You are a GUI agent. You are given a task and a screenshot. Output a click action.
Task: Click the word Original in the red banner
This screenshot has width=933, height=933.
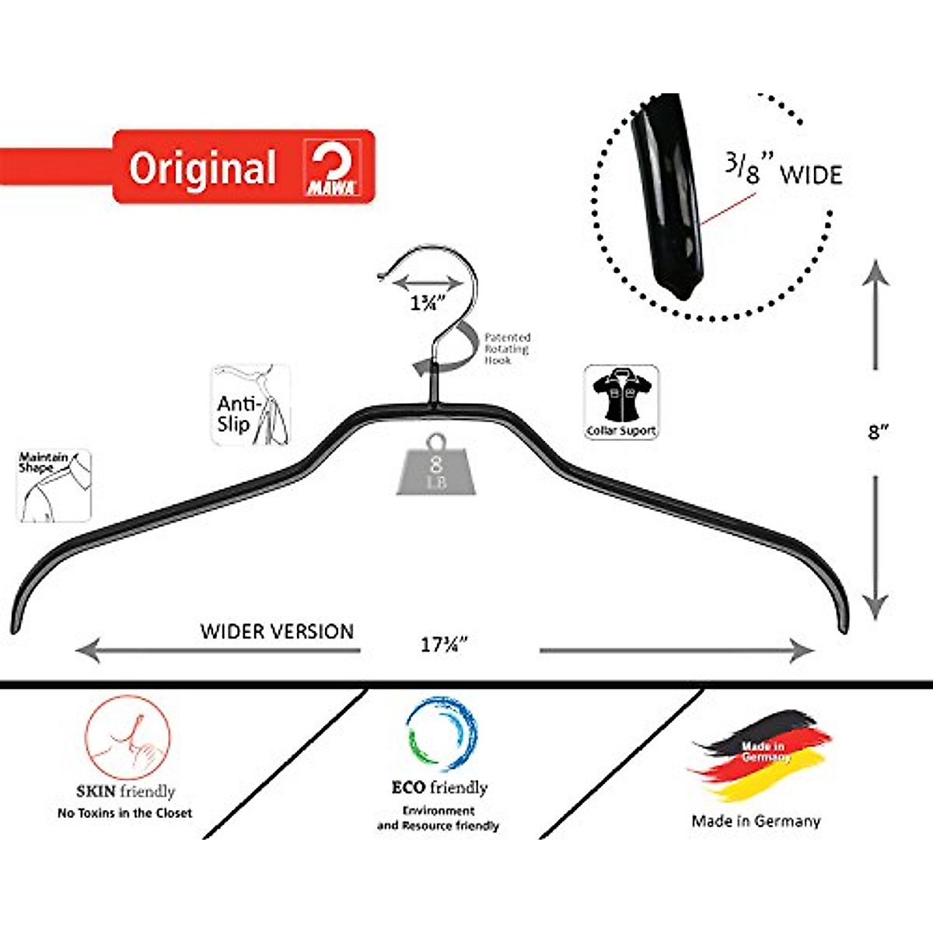click(202, 168)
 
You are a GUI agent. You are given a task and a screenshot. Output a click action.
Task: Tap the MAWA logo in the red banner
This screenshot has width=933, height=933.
click(331, 167)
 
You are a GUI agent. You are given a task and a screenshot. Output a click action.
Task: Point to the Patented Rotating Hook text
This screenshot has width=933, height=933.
click(507, 348)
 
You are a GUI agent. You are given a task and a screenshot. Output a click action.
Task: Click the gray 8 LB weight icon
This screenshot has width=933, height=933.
click(435, 464)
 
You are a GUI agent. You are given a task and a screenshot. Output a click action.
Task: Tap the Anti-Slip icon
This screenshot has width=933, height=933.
click(250, 406)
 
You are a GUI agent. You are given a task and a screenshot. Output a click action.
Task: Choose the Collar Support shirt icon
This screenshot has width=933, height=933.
click(621, 402)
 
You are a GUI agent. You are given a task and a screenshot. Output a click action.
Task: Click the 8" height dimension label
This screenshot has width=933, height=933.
click(878, 431)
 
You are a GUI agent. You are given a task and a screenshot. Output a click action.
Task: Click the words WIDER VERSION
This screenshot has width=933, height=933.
click(277, 631)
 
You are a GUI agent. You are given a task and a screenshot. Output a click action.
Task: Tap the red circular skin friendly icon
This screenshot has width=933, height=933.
click(128, 736)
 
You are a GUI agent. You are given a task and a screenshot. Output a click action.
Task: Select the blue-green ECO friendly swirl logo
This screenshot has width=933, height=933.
click(440, 735)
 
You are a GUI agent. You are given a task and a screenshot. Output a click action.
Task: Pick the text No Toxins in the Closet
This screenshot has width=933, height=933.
click(124, 813)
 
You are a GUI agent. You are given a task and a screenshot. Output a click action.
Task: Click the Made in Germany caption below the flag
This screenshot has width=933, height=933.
click(756, 820)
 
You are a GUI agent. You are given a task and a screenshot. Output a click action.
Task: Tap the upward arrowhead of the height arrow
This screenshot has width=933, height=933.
click(876, 272)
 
